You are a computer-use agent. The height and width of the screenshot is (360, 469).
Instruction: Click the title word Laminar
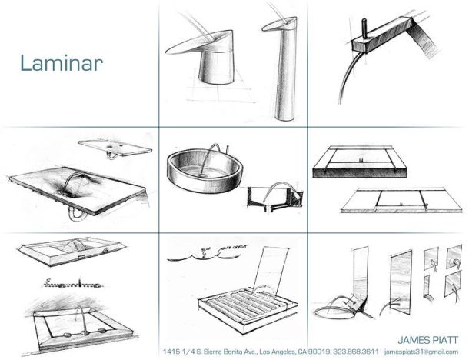(62, 63)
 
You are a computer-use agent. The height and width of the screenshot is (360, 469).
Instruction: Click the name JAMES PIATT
(427, 340)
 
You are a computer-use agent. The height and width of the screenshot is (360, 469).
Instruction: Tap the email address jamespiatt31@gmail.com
(421, 352)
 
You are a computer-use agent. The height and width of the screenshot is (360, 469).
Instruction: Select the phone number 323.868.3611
(356, 352)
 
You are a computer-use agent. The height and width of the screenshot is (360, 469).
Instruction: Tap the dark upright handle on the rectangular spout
(364, 28)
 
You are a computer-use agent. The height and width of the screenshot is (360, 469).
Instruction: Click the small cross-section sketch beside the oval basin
(275, 196)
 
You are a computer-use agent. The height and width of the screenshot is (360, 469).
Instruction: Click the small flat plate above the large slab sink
(115, 147)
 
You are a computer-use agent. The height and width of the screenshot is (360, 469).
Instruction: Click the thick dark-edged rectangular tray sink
(360, 162)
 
